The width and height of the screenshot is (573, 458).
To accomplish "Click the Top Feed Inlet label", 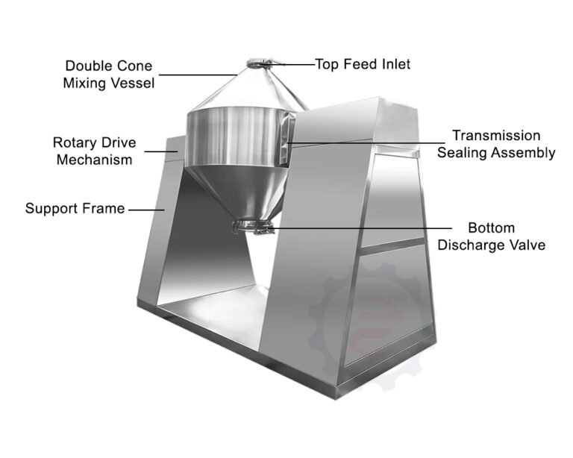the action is [x=363, y=64].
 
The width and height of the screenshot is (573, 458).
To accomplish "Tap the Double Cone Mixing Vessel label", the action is [x=108, y=75].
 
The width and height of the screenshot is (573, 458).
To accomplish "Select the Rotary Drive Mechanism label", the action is [x=94, y=151].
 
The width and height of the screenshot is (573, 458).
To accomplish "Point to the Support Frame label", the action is [x=75, y=209].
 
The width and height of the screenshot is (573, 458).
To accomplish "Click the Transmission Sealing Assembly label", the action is [x=496, y=144].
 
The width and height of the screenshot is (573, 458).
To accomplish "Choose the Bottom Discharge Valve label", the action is [x=491, y=236].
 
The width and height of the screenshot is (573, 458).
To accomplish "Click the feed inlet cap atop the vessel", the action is [x=258, y=63].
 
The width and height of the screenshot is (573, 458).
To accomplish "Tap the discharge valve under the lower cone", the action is [x=253, y=227].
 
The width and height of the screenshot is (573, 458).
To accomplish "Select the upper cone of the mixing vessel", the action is [x=248, y=89].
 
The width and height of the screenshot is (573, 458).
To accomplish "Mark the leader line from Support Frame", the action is [x=146, y=210].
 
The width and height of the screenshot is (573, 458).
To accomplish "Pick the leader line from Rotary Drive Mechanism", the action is [x=161, y=151].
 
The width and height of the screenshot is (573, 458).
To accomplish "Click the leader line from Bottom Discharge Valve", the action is [x=359, y=228].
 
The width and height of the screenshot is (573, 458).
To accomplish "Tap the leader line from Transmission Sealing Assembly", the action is [x=366, y=142].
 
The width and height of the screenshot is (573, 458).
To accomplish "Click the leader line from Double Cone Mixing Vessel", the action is [x=198, y=75].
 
